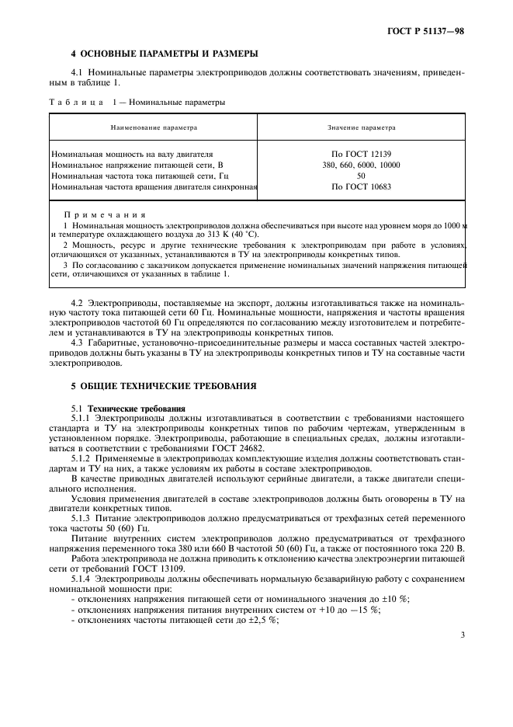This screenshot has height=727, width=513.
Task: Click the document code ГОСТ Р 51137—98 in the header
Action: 432,32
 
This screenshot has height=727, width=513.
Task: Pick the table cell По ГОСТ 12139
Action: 361,154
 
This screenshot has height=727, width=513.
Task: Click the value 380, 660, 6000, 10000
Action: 361,165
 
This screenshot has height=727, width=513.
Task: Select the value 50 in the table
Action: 361,176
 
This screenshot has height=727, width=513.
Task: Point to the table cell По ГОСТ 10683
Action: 361,186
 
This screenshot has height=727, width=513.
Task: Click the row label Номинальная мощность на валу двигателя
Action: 132,154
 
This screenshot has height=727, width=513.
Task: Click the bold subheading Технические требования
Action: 137,408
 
